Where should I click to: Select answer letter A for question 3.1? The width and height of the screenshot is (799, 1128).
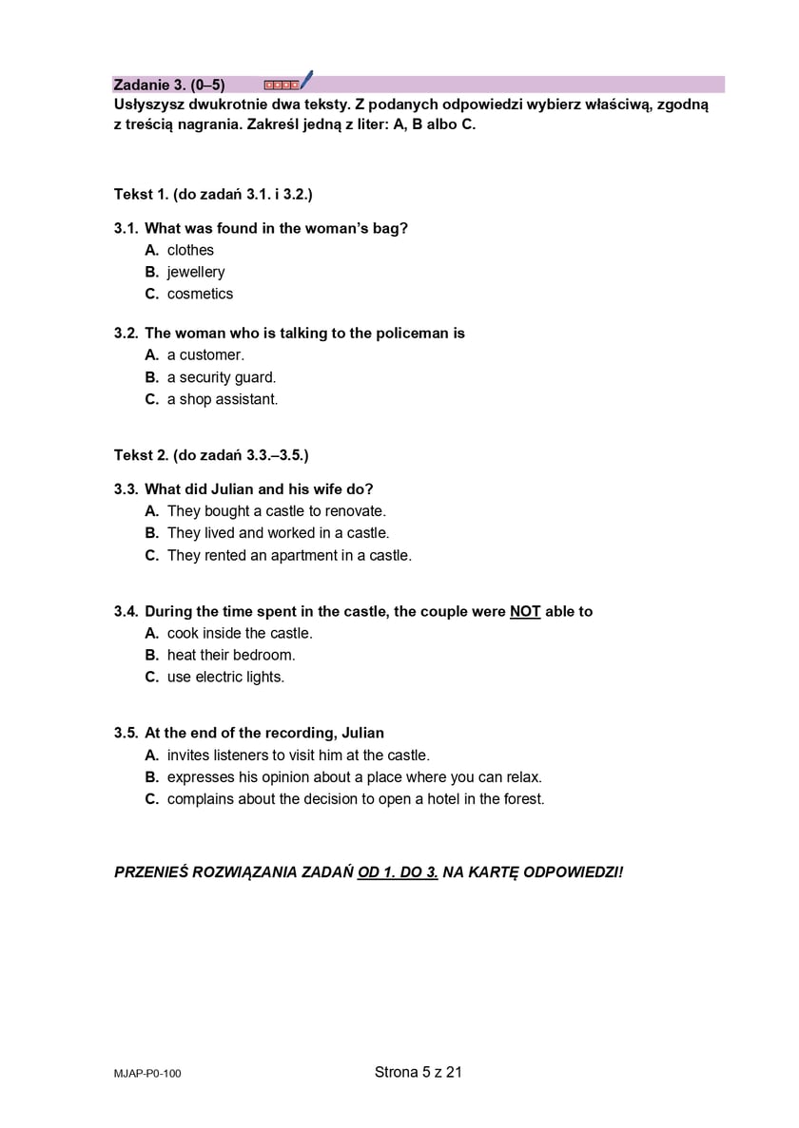(x=151, y=250)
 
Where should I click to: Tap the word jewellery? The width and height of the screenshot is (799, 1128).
(x=196, y=272)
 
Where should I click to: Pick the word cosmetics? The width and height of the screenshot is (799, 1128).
(x=200, y=294)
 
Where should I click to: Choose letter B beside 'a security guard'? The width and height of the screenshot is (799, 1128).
(x=151, y=377)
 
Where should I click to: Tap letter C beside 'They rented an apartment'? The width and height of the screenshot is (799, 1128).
(x=151, y=555)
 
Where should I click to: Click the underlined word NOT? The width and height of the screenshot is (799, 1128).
(x=525, y=612)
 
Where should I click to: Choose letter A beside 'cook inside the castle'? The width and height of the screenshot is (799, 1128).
(x=151, y=633)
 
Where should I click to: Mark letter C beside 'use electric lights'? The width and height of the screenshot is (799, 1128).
(x=151, y=677)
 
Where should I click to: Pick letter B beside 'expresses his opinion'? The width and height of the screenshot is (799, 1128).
(x=151, y=777)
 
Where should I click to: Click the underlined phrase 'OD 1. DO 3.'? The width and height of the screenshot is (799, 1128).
(x=398, y=871)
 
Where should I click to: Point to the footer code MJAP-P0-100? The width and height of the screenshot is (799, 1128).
(x=146, y=1074)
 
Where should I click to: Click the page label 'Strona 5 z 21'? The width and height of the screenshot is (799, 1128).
(x=419, y=1072)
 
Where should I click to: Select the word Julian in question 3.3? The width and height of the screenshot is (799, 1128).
(x=232, y=489)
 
